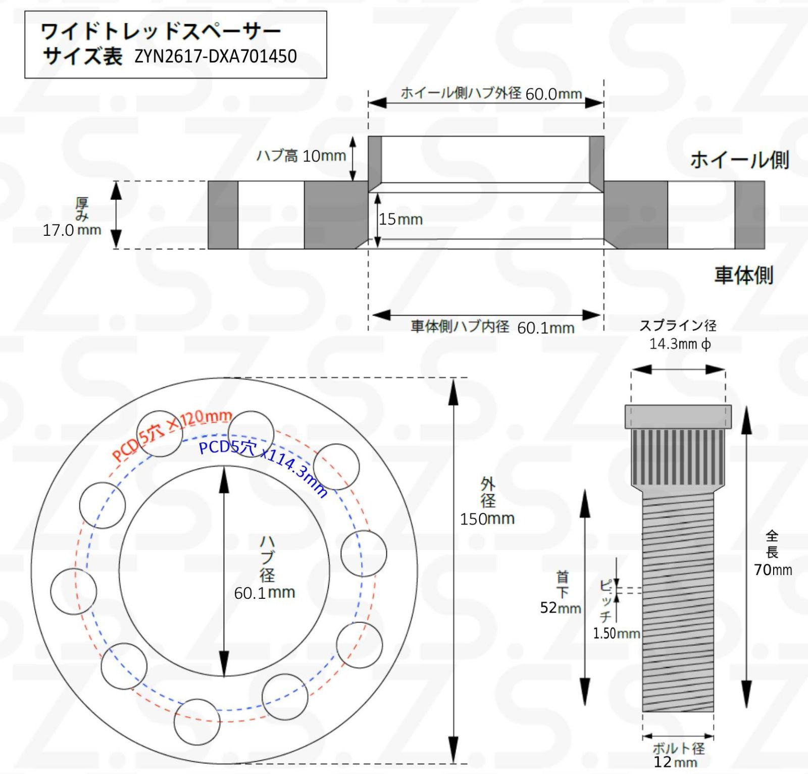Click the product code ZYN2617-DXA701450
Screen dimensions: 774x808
(216, 56)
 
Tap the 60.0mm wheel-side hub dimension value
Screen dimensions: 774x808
(553, 94)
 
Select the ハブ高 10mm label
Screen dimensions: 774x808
(301, 156)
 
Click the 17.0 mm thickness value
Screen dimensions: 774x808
(72, 230)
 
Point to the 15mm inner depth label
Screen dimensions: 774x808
(400, 219)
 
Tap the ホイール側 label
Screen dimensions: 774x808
(739, 160)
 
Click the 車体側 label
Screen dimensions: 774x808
(743, 275)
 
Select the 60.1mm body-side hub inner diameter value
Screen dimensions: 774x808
(545, 328)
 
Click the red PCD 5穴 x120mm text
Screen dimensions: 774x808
(172, 434)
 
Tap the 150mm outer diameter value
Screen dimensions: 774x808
(487, 519)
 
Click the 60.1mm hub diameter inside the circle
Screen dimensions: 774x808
(264, 592)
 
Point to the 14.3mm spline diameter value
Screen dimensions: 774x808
(680, 344)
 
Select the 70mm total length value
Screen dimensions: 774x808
(773, 570)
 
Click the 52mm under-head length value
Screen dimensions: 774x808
(560, 607)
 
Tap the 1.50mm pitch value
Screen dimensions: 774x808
(616, 633)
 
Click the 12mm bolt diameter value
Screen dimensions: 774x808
(675, 762)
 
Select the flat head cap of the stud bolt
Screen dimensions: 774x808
(678, 417)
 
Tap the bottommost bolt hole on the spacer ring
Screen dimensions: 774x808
(197, 721)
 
